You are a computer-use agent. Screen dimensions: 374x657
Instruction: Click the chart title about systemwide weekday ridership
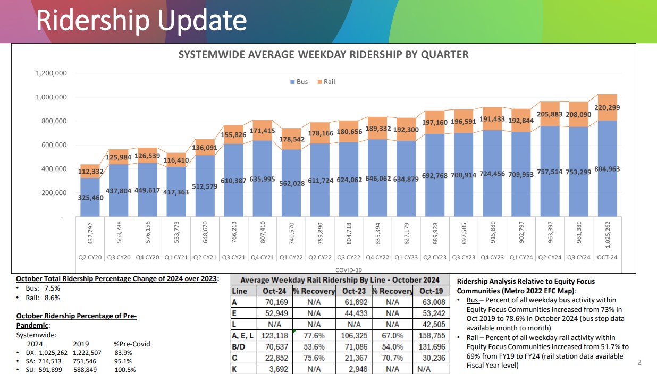click(323, 55)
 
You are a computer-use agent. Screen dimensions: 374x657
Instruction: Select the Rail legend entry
click(326, 82)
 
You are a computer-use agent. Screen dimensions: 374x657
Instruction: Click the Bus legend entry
click(299, 82)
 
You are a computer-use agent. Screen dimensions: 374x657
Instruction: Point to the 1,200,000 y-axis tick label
click(51, 73)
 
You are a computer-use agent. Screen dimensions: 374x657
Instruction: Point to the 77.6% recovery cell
click(314, 336)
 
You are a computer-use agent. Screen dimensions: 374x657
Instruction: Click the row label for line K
click(234, 369)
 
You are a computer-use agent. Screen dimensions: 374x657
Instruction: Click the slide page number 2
click(639, 363)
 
